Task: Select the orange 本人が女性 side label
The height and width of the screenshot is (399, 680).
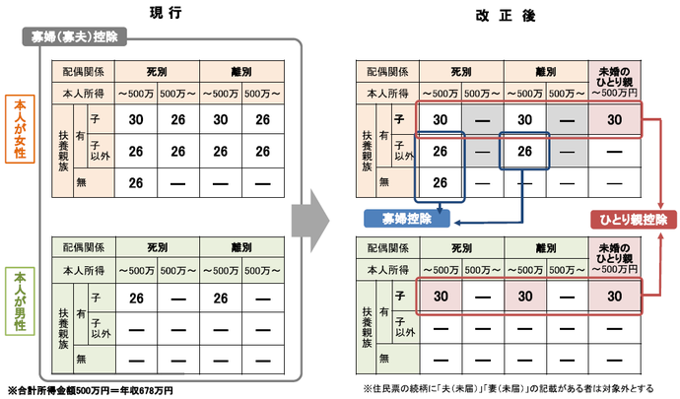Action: [x=20, y=132]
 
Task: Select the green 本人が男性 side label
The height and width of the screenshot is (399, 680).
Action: [x=20, y=304]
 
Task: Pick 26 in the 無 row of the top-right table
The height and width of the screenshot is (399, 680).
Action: [x=441, y=182]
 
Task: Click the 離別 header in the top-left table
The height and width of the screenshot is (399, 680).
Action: [x=242, y=72]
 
